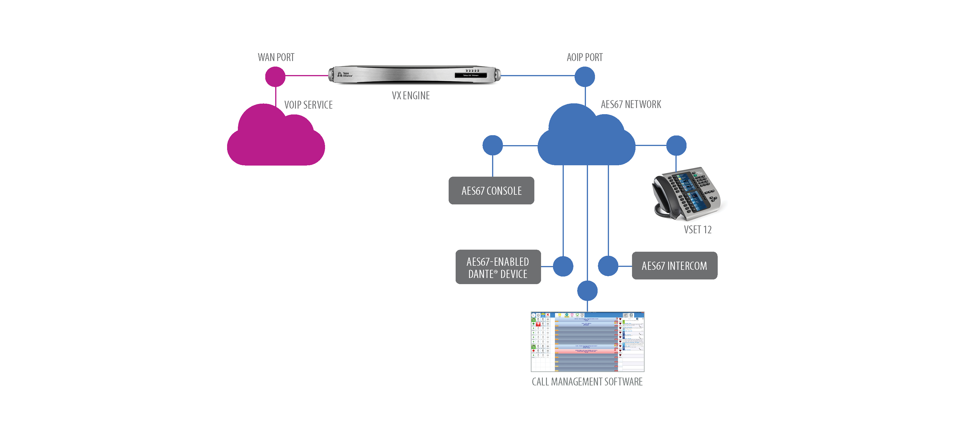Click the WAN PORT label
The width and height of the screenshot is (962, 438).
click(276, 57)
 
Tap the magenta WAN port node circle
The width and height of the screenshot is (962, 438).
click(275, 77)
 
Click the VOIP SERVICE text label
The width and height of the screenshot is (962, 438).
click(308, 105)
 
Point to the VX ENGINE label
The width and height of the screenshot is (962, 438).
click(410, 96)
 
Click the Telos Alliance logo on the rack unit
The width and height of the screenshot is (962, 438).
click(345, 74)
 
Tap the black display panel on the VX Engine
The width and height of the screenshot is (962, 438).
click(471, 75)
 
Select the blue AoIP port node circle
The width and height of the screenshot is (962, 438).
click(584, 77)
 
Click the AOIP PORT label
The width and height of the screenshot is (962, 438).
click(584, 57)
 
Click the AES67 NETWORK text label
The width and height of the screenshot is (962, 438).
click(631, 104)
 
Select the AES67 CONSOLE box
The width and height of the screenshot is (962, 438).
click(491, 191)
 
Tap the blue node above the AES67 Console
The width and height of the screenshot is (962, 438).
click(493, 145)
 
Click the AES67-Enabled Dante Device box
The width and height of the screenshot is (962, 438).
click(498, 267)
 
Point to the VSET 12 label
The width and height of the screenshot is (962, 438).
click(697, 230)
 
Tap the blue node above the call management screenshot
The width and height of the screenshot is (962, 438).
click(587, 291)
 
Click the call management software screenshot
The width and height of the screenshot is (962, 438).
click(587, 342)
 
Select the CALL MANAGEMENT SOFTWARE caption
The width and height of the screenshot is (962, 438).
click(587, 382)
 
